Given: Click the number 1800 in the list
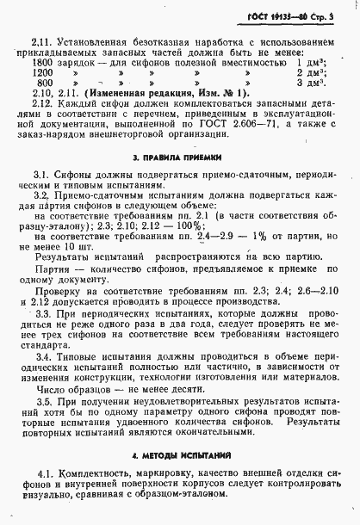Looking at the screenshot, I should (43, 64).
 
